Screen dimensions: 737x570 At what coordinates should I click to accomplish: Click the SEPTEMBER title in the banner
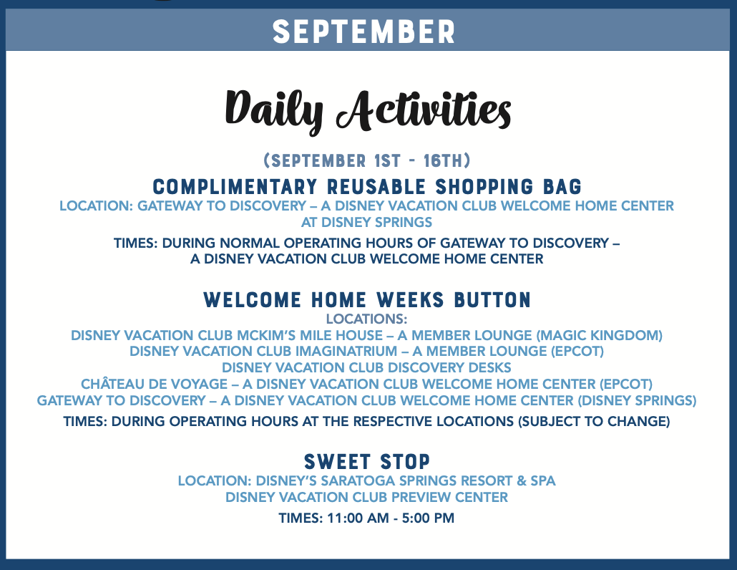coord(363,32)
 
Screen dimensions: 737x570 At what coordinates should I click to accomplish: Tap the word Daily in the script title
coord(274,108)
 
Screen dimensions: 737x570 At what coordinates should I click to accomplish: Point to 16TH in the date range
coord(443,161)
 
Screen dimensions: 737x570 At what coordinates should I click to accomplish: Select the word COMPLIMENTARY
coord(235,187)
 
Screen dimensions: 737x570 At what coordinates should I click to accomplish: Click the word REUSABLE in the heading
coord(376,187)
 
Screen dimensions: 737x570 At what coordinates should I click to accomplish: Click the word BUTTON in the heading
coord(492,300)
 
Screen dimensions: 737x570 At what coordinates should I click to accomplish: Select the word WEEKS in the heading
coord(410,300)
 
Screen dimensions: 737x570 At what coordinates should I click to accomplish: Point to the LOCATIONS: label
coord(366,319)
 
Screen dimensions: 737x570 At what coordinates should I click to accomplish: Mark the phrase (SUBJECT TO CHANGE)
coord(594,421)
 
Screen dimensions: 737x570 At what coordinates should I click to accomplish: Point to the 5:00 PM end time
coord(428,518)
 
